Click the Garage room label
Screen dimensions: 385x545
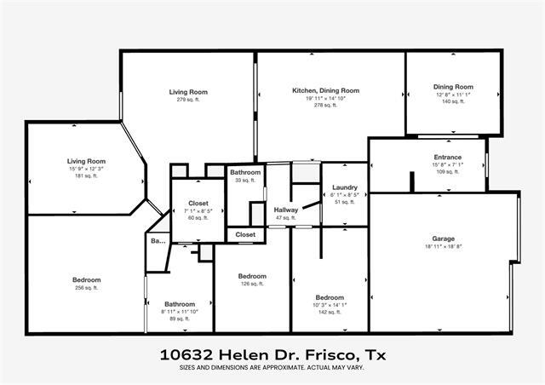pyautogui.click(x=443, y=238)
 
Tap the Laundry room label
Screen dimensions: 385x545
pyautogui.click(x=345, y=187)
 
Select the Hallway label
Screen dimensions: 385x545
pyautogui.click(x=284, y=210)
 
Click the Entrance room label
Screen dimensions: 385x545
pyautogui.click(x=447, y=157)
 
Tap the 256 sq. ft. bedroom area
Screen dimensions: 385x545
pyautogui.click(x=86, y=288)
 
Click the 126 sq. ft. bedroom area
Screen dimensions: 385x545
pyautogui.click(x=252, y=284)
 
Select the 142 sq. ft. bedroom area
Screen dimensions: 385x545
pyautogui.click(x=328, y=312)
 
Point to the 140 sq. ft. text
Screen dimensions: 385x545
pyautogui.click(x=452, y=101)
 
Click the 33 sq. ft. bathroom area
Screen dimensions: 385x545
pyautogui.click(x=245, y=180)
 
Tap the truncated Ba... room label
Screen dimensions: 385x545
pyautogui.click(x=158, y=241)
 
